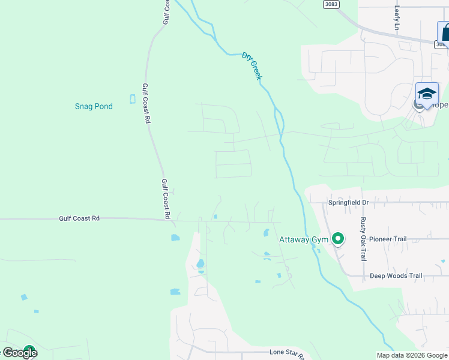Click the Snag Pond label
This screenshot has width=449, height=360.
[x=94, y=106]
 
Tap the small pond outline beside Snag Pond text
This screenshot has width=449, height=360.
[x=133, y=99]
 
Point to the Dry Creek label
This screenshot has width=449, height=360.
[x=252, y=65]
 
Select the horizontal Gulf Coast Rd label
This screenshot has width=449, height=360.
[x=79, y=218]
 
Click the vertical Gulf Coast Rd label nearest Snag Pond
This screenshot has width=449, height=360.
[x=145, y=103]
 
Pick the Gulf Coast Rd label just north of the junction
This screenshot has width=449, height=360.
[x=166, y=198]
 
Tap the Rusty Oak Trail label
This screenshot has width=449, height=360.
[x=363, y=239]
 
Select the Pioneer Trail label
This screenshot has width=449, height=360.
[x=388, y=239]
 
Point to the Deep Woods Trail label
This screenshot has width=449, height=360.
[x=396, y=276]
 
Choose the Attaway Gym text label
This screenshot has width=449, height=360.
[x=303, y=239]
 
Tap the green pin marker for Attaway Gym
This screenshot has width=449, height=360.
[x=338, y=239]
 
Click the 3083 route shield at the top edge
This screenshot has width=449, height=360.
[x=331, y=4]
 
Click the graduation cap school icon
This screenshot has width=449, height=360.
[x=427, y=94]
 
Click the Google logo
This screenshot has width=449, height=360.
[x=20, y=353]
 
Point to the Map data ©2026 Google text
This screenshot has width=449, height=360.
[x=412, y=355]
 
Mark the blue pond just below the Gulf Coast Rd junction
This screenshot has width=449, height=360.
[x=175, y=238]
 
